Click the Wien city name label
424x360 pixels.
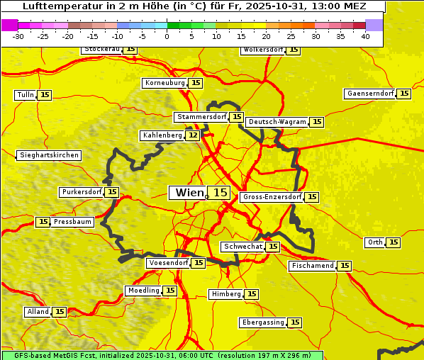[188, 193]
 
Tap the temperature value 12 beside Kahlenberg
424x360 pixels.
[193, 135]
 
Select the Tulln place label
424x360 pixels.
[25, 95]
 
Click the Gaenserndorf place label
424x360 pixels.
[369, 94]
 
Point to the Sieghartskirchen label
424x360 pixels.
[49, 155]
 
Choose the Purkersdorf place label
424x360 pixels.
[82, 192]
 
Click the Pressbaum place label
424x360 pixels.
[73, 222]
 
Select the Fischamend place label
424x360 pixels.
[312, 266]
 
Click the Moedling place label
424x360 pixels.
[143, 291]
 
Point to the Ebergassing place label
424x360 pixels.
[263, 322]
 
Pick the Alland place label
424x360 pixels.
[38, 312]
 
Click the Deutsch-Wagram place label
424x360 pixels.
[277, 122]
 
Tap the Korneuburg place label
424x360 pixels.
[165, 83]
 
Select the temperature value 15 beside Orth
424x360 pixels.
[394, 242]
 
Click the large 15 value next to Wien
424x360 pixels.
[221, 193]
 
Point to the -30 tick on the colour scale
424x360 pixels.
[19, 36]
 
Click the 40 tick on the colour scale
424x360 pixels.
[365, 36]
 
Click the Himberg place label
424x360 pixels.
[226, 294]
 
